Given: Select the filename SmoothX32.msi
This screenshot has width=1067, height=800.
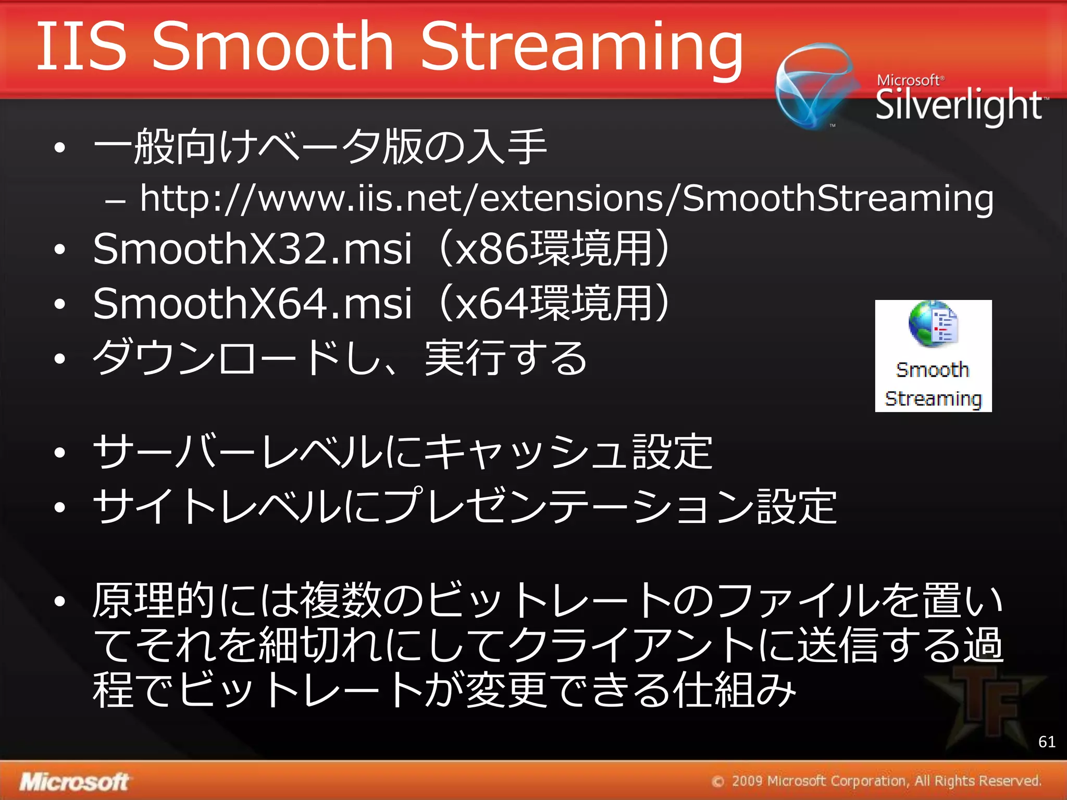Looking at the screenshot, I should pos(253,249).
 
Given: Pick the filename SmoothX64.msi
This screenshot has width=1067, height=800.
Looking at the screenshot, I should pos(253,304).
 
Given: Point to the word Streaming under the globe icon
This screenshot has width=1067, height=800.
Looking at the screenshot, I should pos(933,399).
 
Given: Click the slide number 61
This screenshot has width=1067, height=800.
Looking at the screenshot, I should pos(1047,742).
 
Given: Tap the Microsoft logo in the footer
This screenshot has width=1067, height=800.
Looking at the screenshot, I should pos(74,782).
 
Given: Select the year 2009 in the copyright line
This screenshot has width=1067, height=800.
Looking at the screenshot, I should pos(747,781).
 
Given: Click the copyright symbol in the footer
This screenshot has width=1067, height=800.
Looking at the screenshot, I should pos(718,782).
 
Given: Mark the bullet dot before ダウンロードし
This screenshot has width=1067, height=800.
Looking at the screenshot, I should pos(60,358).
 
